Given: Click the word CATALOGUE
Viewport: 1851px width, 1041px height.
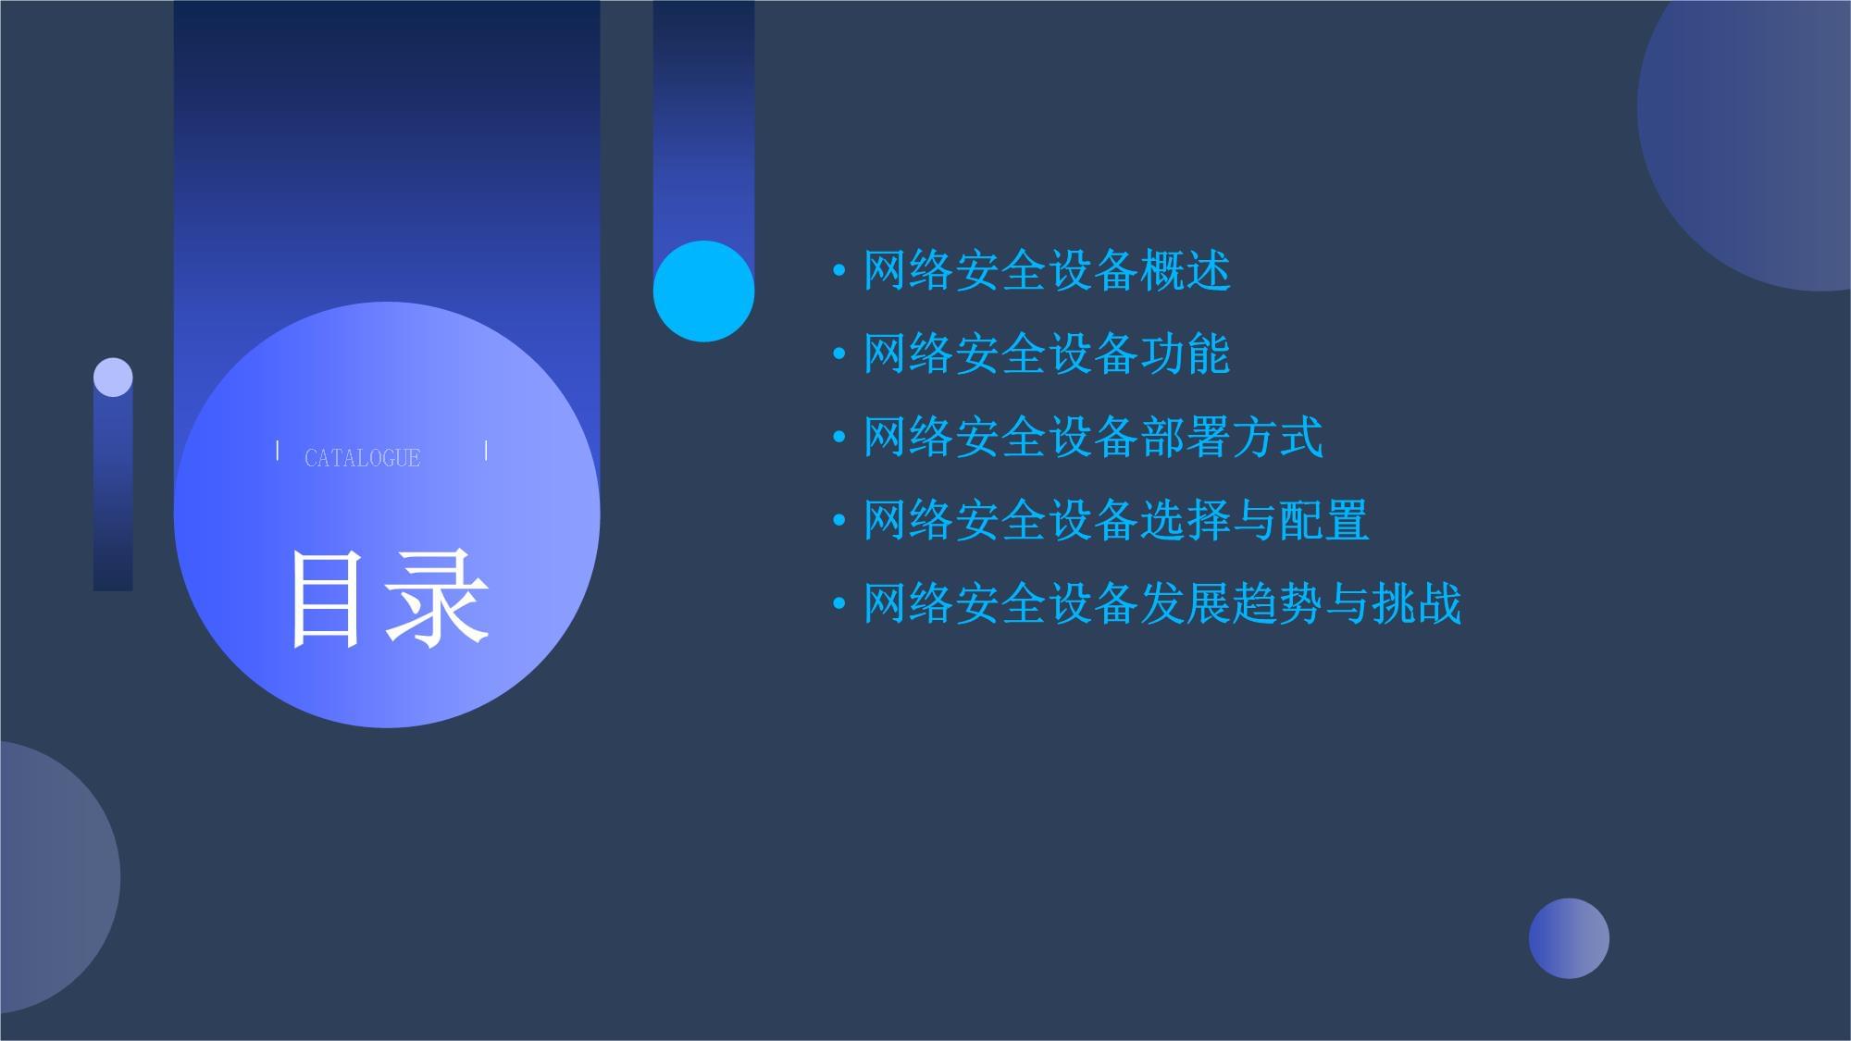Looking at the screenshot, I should point(362,458).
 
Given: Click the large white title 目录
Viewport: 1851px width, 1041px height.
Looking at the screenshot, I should point(388,599).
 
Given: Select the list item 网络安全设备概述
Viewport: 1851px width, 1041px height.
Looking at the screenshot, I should point(1046,271).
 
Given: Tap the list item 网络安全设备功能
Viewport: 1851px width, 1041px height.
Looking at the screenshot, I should point(1046,354).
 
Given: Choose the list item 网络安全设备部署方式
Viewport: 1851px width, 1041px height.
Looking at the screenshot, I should point(1092,437).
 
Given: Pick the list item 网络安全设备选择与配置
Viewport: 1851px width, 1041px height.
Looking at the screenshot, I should point(1115,520).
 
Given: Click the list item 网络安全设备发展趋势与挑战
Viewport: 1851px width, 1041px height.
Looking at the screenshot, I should point(1162,603).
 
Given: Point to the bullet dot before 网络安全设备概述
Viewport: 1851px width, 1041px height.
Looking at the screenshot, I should point(839,271).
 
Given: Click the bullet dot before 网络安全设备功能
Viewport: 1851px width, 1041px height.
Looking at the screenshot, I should point(839,354).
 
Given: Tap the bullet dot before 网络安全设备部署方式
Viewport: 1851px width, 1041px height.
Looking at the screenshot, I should point(839,438).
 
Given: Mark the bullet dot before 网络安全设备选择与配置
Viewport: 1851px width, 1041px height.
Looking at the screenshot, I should point(839,521).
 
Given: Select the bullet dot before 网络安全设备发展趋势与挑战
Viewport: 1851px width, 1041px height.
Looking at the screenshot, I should point(839,604).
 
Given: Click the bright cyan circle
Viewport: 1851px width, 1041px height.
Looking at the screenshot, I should point(703,291).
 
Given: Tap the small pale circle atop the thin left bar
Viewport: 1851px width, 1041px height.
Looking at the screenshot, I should point(113,378).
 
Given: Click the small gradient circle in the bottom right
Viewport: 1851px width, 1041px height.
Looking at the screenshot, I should point(1569,938).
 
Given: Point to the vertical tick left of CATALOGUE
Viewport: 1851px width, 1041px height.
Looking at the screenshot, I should point(278,451).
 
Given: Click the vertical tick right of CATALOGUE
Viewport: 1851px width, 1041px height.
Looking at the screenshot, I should point(486,451).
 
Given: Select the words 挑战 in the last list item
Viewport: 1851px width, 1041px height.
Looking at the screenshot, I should point(1416,603).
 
